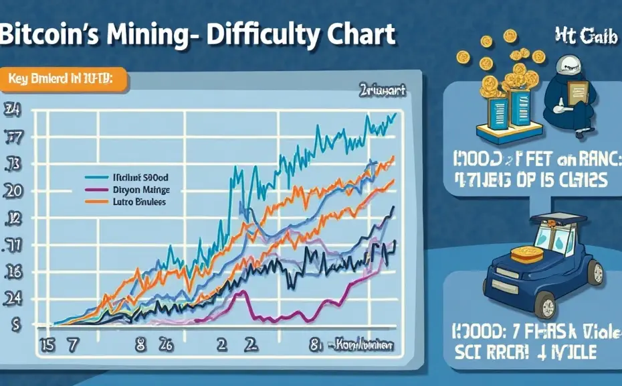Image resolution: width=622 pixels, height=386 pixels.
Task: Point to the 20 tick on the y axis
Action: [x=13, y=190]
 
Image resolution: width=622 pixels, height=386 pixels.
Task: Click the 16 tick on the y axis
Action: [x=13, y=272]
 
